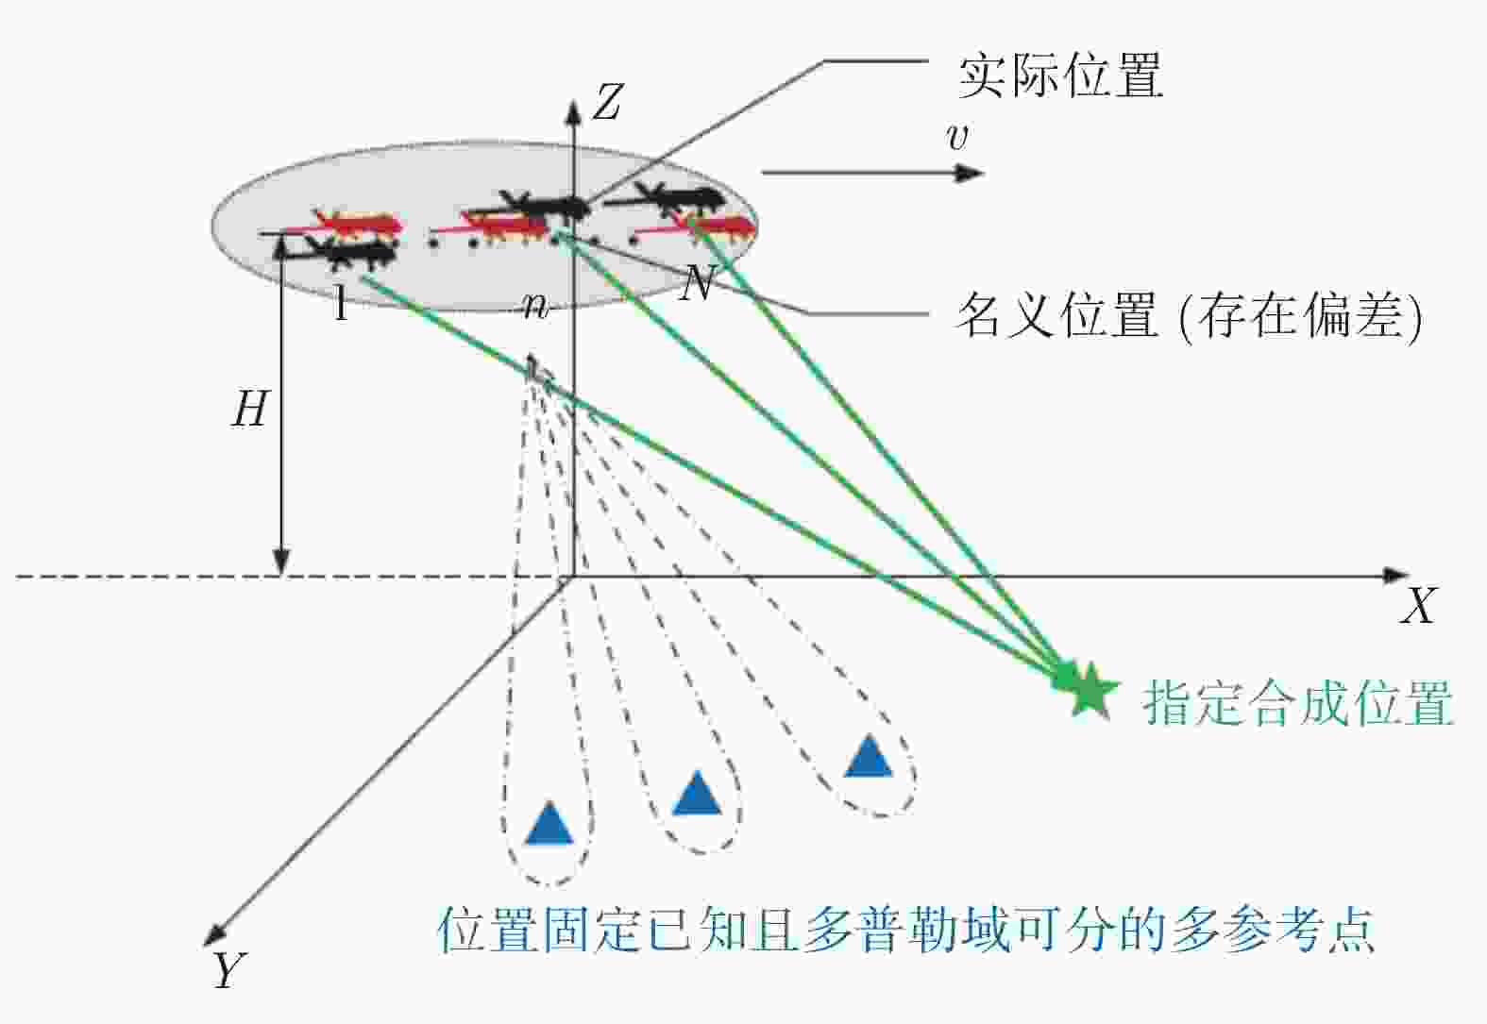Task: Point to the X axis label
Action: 1419,605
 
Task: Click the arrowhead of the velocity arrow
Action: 970,174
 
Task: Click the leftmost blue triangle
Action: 549,823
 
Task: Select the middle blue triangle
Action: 697,793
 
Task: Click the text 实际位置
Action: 1060,76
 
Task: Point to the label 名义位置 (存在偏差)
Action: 1190,316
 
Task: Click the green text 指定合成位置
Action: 1298,702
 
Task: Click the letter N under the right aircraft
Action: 697,284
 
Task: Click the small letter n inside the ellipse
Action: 535,306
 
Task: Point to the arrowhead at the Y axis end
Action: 213,934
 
